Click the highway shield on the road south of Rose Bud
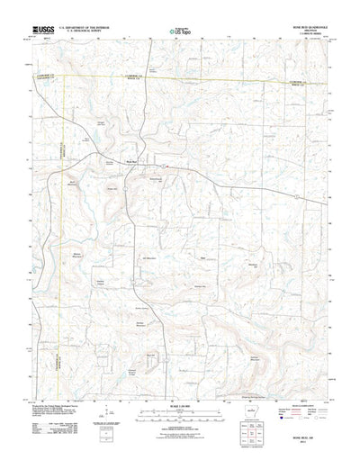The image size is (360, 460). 131,212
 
